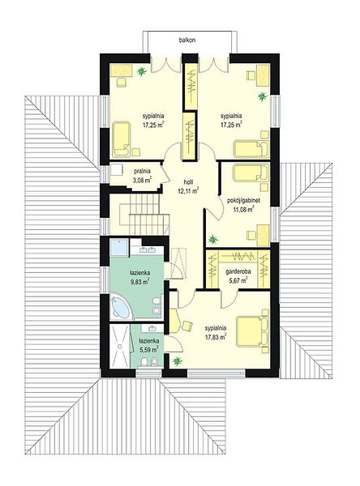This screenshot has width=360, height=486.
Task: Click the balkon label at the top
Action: (186, 40)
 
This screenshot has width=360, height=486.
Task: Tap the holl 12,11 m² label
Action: (188, 187)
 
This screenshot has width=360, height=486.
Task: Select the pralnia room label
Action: (142, 171)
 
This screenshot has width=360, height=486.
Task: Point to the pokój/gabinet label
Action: (243, 201)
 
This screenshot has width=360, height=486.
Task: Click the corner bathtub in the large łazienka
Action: (121, 307)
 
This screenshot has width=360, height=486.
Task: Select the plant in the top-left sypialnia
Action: (142, 71)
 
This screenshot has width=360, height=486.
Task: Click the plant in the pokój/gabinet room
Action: (212, 239)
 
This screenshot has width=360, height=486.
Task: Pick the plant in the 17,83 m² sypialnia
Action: (178, 360)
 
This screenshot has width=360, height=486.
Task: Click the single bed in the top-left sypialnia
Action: (122, 139)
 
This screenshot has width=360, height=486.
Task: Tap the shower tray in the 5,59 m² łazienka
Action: (120, 346)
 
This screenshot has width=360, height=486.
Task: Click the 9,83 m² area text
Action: (140, 281)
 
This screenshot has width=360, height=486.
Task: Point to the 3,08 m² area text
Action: (142, 180)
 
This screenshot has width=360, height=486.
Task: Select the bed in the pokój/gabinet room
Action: (251, 173)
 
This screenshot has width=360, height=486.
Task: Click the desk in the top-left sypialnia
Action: (122, 70)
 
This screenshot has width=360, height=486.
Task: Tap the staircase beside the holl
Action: (139, 215)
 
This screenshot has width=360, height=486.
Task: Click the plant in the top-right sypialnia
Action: (262, 96)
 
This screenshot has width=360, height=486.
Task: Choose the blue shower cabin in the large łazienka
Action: (119, 248)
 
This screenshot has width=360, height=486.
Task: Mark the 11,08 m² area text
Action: (243, 209)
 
